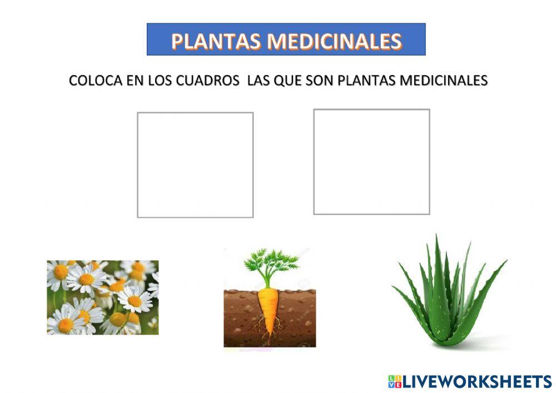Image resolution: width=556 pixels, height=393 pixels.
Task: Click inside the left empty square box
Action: pos(195,165)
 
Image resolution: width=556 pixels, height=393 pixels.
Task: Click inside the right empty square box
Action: pos(371,162)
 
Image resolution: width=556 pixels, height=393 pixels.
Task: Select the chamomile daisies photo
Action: pos(102,297)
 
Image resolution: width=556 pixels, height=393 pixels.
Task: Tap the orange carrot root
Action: pos(269,309)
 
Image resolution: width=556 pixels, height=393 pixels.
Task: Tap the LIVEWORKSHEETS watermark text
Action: pos(477,381)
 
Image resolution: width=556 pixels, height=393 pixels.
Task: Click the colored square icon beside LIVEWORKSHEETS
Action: pos(394,381)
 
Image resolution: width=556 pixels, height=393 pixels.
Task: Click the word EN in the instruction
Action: pos(135,81)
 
